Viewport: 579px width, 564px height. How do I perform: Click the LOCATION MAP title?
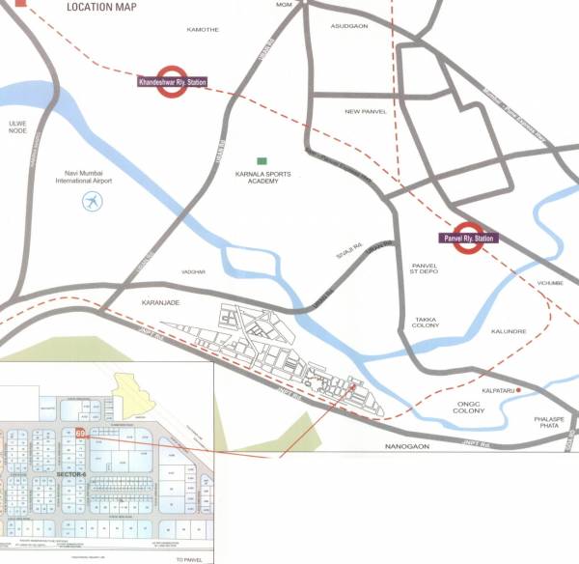point(101,7)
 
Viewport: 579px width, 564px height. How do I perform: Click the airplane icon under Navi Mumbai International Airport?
point(92,202)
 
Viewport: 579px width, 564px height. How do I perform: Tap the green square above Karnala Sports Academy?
point(261,160)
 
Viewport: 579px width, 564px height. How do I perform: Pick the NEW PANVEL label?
point(366,112)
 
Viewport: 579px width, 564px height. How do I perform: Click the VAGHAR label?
point(193,272)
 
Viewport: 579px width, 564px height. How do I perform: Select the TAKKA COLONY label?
point(426,322)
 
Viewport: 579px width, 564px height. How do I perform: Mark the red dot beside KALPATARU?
point(519,389)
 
